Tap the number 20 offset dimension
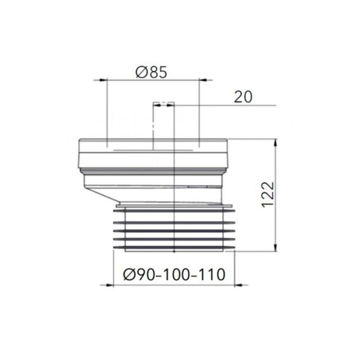click(x=243, y=97)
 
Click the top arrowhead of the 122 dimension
click(x=276, y=142)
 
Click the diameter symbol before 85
click(x=142, y=72)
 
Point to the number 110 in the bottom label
click(x=211, y=274)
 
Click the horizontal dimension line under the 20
click(x=225, y=105)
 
